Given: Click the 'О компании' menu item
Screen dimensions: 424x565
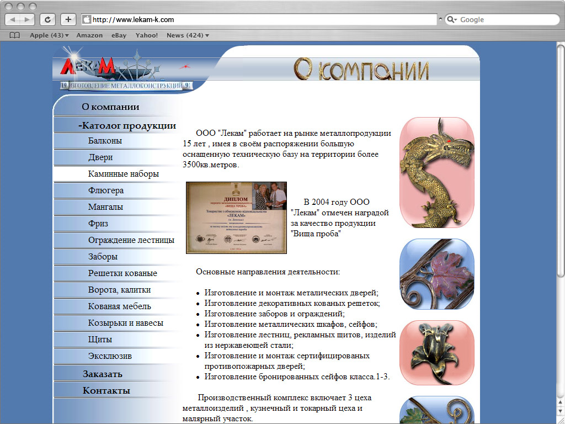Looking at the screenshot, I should [110, 107].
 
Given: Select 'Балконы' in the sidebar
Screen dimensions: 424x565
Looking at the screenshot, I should [105, 141].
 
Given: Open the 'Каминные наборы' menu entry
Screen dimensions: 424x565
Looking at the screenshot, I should [124, 174].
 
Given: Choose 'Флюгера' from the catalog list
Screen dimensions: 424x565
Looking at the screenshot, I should [106, 190].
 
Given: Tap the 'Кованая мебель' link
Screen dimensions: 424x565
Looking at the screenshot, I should [120, 306].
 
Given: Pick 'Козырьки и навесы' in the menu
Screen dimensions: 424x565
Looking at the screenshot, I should [126, 323].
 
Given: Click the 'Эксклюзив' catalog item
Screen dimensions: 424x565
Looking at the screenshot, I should [110, 356].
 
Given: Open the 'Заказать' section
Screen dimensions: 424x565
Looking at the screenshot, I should [103, 374].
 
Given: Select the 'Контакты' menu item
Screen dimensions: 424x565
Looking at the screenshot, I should [106, 391].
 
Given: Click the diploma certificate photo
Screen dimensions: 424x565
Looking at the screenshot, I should [236, 218].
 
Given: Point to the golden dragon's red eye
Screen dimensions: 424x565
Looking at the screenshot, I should [450, 142].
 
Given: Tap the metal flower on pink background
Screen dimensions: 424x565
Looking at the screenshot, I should [436, 352].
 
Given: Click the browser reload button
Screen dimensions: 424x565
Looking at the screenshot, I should [47, 19].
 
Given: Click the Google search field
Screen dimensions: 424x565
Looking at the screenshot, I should [505, 20].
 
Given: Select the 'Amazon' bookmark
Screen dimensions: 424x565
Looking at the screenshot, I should [89, 35].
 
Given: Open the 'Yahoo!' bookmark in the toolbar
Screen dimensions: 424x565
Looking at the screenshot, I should [147, 35].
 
